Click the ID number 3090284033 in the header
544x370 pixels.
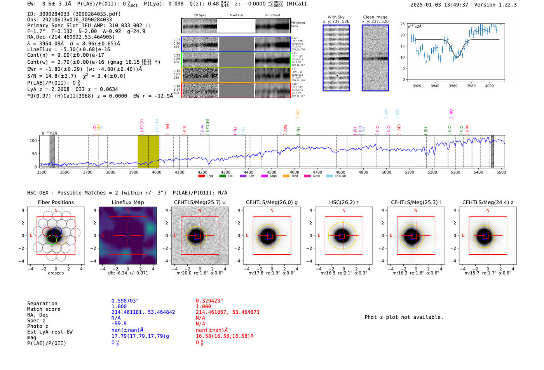54,14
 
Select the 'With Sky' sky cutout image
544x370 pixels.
336,58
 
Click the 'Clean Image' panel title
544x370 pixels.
375,17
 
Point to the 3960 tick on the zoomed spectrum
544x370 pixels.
453,86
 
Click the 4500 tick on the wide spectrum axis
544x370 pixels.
272,172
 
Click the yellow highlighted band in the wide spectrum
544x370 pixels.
148,151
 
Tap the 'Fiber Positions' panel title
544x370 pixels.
56,202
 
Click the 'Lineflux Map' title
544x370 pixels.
127,202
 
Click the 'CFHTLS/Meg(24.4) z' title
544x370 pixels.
488,202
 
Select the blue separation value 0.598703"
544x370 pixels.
125,301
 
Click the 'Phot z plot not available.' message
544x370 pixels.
404,317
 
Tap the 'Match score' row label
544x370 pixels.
44,309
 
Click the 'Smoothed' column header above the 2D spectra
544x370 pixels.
272,16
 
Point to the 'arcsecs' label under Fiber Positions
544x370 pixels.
56,273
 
